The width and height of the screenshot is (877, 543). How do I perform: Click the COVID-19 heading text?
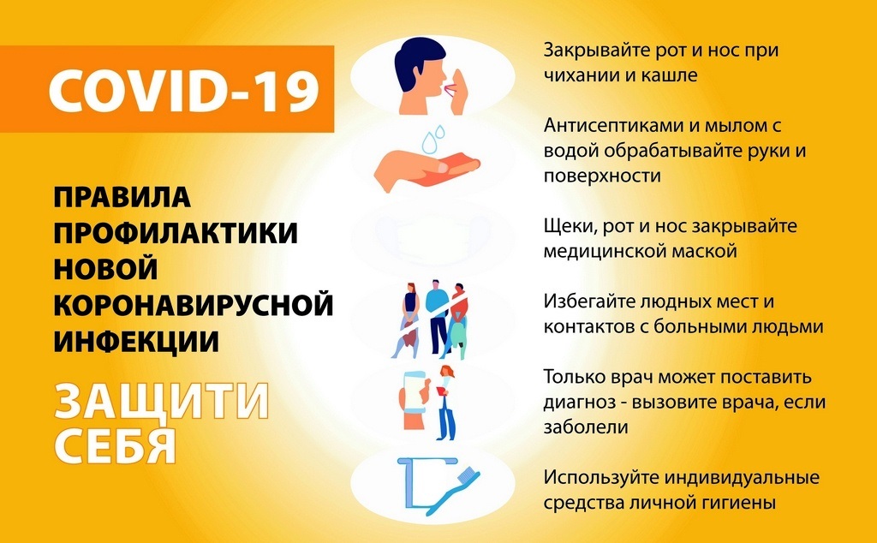coord(184,89)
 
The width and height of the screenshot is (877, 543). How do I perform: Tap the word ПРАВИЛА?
coord(122,197)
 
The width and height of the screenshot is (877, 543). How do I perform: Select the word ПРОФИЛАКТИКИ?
coord(176,233)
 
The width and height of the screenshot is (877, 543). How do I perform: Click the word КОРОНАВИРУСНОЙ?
coord(194,306)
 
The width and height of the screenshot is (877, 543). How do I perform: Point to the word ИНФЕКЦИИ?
coord(136,342)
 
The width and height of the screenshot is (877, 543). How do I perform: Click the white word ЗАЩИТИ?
coord(162,401)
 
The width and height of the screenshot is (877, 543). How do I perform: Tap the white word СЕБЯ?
coord(116,445)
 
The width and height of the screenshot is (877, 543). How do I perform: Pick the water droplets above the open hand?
coord(433,140)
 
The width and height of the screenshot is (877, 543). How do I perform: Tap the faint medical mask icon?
coord(432,238)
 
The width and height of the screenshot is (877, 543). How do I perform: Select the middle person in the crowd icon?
coord(437,317)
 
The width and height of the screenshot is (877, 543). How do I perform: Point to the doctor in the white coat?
coord(446,402)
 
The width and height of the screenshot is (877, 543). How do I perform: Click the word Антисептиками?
coord(613,126)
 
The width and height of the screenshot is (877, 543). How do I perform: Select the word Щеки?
coord(567,227)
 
